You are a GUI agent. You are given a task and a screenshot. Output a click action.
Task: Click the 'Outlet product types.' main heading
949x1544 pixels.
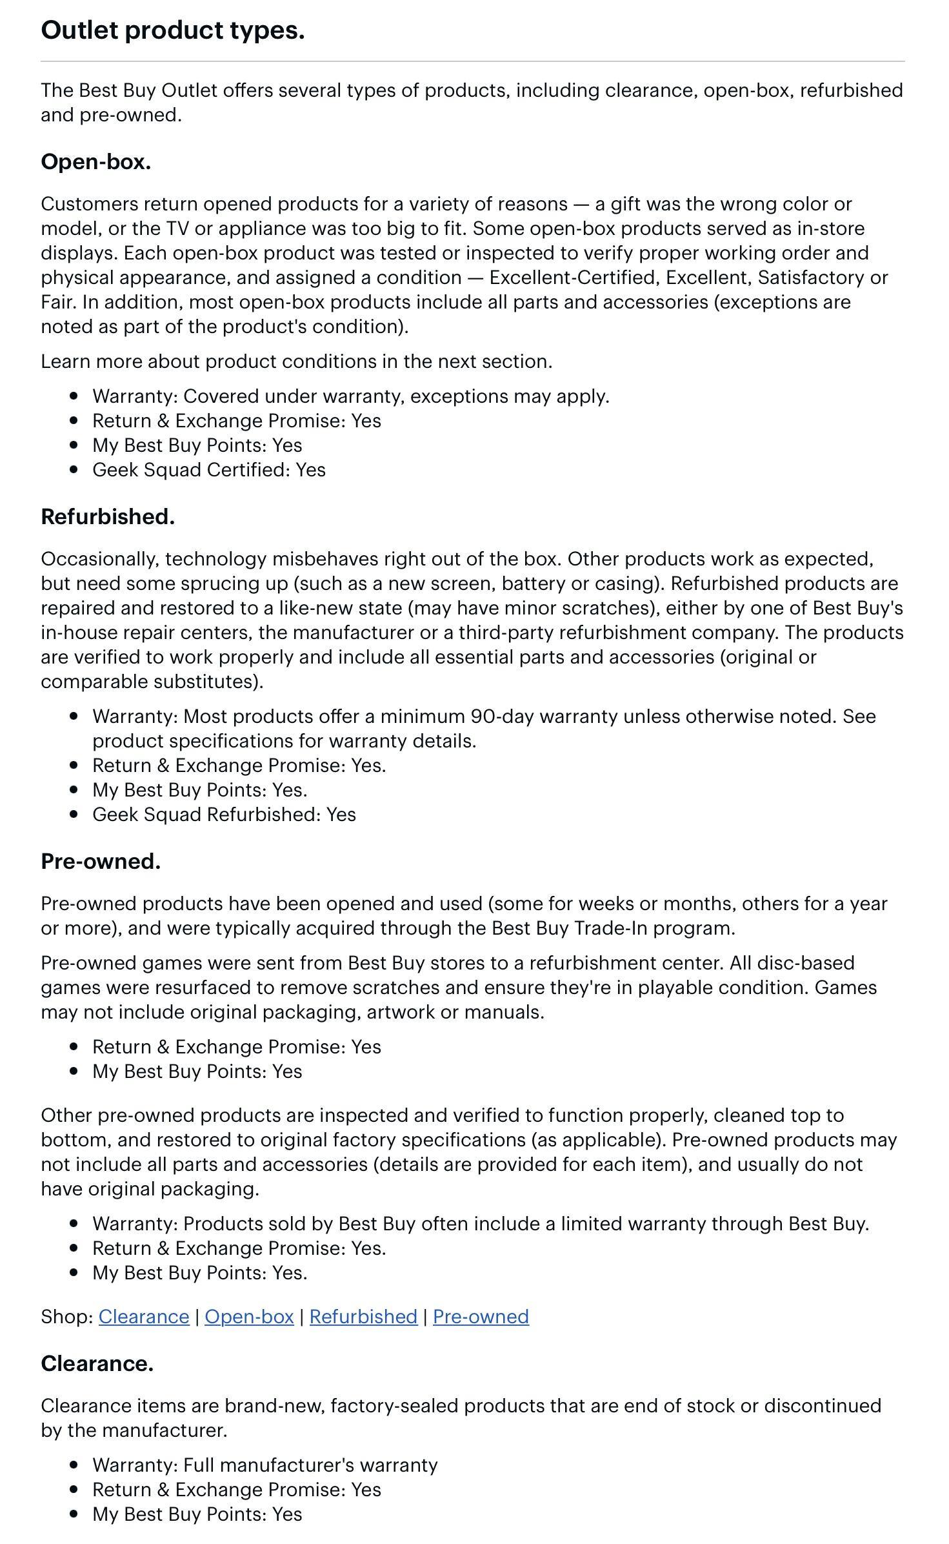click(172, 30)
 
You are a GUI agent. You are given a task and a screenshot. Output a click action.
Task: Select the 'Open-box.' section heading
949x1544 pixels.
click(95, 162)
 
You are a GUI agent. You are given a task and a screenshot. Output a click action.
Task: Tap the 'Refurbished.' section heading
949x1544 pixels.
click(107, 516)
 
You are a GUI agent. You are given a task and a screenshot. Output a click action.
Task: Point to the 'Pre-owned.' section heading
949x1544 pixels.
click(100, 861)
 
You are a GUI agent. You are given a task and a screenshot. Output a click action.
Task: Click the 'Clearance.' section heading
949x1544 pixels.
click(97, 1363)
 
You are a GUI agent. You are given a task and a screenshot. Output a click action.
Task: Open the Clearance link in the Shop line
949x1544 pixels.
click(143, 1317)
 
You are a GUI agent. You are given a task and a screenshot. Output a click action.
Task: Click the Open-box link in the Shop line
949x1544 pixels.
click(249, 1317)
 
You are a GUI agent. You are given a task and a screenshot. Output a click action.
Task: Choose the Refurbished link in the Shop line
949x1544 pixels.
click(363, 1317)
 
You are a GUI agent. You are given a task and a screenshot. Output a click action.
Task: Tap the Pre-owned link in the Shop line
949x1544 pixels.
click(481, 1317)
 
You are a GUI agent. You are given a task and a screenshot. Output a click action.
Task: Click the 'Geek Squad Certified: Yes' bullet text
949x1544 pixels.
click(208, 470)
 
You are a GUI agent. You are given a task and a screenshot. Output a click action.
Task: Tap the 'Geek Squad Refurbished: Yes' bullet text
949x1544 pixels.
click(224, 815)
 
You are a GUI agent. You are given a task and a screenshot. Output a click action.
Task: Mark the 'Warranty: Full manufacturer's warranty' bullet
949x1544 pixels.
click(265, 1465)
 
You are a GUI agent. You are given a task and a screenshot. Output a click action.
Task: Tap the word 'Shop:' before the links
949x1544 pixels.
click(67, 1317)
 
